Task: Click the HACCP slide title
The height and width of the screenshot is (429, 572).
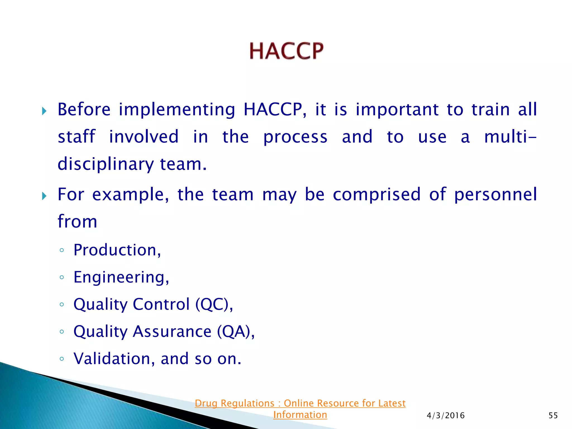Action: coord(286,51)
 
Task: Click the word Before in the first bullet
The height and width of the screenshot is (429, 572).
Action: coord(84,109)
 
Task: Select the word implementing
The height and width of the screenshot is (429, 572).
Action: coord(177,110)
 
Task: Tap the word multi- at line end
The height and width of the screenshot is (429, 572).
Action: coord(510,137)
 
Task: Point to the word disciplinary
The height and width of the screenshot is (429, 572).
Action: coord(106,164)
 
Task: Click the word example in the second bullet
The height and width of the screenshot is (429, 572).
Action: coord(130,195)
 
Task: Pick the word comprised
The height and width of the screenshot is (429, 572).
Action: coord(376,195)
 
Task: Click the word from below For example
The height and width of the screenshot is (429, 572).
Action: coord(77,221)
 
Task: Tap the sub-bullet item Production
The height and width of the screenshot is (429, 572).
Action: coord(117,250)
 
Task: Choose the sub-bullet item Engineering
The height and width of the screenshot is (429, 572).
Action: coord(121,277)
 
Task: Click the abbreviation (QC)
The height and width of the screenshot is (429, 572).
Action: coord(214,304)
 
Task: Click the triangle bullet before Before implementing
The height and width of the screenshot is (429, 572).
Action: coord(44,111)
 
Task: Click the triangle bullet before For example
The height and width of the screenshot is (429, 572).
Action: coord(44,196)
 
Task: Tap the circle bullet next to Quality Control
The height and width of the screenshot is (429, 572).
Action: coord(62,304)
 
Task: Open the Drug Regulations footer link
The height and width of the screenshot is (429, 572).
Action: coord(300,409)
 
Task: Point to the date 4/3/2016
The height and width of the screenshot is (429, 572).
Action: coord(445,416)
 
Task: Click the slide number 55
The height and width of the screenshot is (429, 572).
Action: coord(553,416)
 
